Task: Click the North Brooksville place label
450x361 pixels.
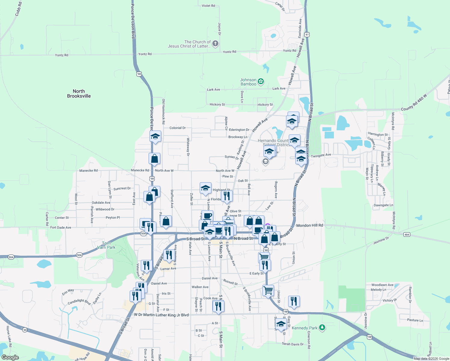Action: coord(79,94)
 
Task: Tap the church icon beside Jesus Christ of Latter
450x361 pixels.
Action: coord(215,44)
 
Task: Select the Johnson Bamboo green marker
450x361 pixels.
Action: coord(261,81)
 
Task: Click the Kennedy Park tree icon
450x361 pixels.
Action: coord(322,328)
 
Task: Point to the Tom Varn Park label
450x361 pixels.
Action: coord(106,245)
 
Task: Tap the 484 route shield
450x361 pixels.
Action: coord(407,235)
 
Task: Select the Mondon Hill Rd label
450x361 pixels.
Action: coord(310,225)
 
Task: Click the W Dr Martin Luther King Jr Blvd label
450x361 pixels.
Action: coord(161,315)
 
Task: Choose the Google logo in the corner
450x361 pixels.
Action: coord(10,357)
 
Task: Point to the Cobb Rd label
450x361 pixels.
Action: coord(18,9)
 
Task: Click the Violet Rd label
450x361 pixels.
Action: coord(208,6)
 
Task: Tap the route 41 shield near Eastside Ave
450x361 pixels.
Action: coord(307,35)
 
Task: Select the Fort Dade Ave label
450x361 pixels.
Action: coord(61,227)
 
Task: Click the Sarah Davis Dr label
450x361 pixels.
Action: coord(293,344)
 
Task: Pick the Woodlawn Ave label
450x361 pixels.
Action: coord(382,285)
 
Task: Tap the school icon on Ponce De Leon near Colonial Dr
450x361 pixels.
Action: coord(155,136)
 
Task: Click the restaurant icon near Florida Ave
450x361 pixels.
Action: coord(227,196)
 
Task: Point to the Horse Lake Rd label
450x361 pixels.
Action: coord(8,336)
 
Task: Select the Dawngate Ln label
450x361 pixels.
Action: coord(383,205)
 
